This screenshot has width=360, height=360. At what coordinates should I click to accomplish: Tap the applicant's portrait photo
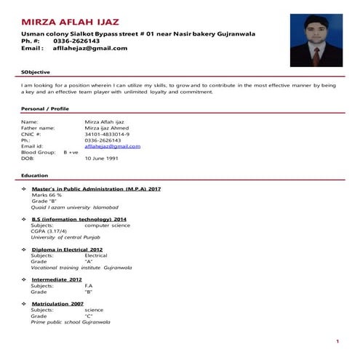point(315,41)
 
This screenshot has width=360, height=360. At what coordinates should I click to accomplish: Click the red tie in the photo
point(316,56)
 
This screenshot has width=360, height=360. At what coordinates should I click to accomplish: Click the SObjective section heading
point(36,73)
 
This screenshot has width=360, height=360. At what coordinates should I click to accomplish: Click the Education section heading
point(35,176)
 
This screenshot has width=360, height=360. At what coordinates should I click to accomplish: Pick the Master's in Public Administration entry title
point(97,189)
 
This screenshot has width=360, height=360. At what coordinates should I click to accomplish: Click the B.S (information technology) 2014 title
point(79,219)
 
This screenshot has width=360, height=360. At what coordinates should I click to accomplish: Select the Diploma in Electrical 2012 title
point(67,249)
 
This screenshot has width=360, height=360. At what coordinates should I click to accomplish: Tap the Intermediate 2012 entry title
point(57,279)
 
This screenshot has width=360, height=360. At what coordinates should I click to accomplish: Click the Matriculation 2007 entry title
point(57,303)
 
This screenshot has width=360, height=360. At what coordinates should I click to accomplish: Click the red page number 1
point(337,341)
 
